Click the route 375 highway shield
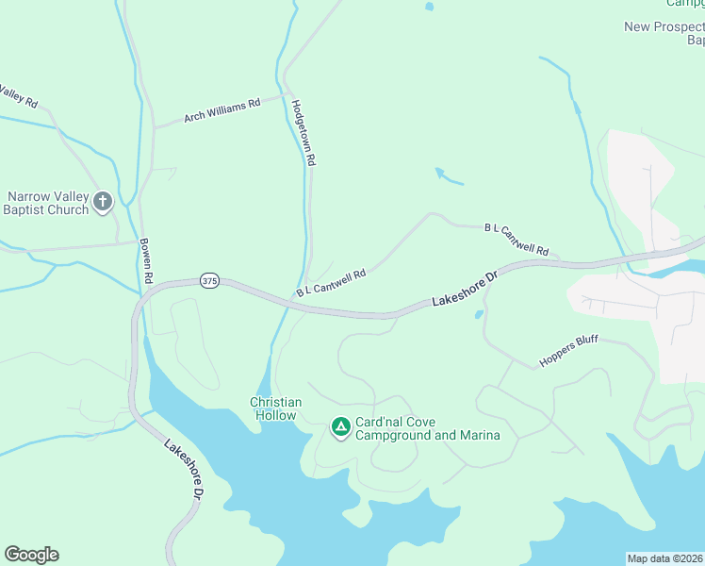click(x=209, y=281)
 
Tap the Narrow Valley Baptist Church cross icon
click(x=103, y=201)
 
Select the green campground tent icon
click(x=339, y=428)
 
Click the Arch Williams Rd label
click(x=221, y=111)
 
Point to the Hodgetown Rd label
click(x=303, y=133)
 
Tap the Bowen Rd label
click(x=146, y=260)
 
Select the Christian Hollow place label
click(x=275, y=408)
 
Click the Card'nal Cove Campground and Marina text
click(x=426, y=428)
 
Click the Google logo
click(x=31, y=555)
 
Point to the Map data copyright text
click(x=664, y=558)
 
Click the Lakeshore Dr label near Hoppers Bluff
click(x=464, y=290)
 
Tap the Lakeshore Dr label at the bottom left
click(x=183, y=468)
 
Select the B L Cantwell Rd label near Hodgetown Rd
click(x=330, y=280)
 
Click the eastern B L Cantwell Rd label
click(x=516, y=240)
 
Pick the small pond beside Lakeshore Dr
click(x=479, y=313)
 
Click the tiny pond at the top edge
click(x=430, y=6)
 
